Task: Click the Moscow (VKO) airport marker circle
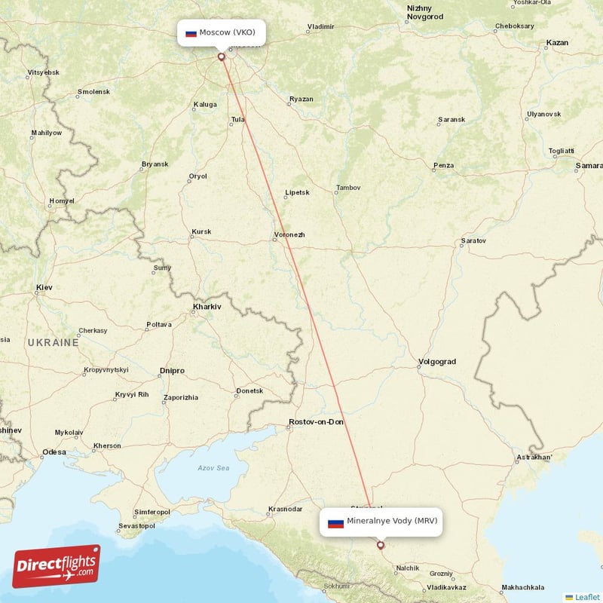[221, 56]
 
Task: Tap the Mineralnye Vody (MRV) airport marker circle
[380, 544]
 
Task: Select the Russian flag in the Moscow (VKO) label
[191, 33]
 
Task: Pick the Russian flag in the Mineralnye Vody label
[335, 522]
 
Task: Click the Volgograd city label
[437, 362]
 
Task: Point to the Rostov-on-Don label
[317, 422]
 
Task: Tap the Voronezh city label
[290, 234]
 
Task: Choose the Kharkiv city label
[207, 307]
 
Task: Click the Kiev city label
[44, 288]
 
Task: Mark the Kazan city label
[557, 43]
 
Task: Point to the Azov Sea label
[213, 468]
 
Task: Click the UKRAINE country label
[53, 342]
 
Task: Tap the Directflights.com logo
[57, 565]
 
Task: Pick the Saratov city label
[473, 241]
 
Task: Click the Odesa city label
[54, 452]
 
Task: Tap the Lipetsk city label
[298, 192]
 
